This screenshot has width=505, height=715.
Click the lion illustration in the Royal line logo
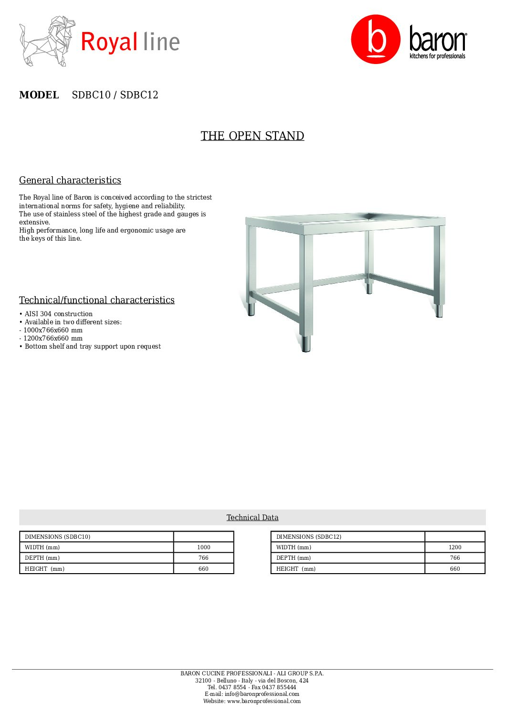coord(47,41)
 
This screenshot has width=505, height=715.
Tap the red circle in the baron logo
coord(376,39)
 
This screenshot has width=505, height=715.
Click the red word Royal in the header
coord(109,42)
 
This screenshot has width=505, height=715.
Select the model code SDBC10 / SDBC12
coord(115,95)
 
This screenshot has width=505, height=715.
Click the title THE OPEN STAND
coord(252,136)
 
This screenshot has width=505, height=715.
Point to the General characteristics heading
coord(70,180)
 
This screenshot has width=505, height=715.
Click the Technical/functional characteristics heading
coord(97,300)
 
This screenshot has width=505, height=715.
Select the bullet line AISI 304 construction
coord(58,314)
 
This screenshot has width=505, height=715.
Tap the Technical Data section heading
coord(252,517)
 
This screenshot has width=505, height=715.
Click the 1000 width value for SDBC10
coord(203,547)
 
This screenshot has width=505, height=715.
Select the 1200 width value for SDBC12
coord(455,547)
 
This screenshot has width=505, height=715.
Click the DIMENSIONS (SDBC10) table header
coord(57,537)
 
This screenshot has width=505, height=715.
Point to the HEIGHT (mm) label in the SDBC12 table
coord(296,569)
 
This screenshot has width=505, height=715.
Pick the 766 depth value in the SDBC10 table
coord(203,558)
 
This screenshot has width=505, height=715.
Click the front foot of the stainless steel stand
coord(306,344)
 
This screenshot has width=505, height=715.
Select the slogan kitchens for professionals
coord(437,56)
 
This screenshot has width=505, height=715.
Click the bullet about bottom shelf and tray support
coord(93,346)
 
